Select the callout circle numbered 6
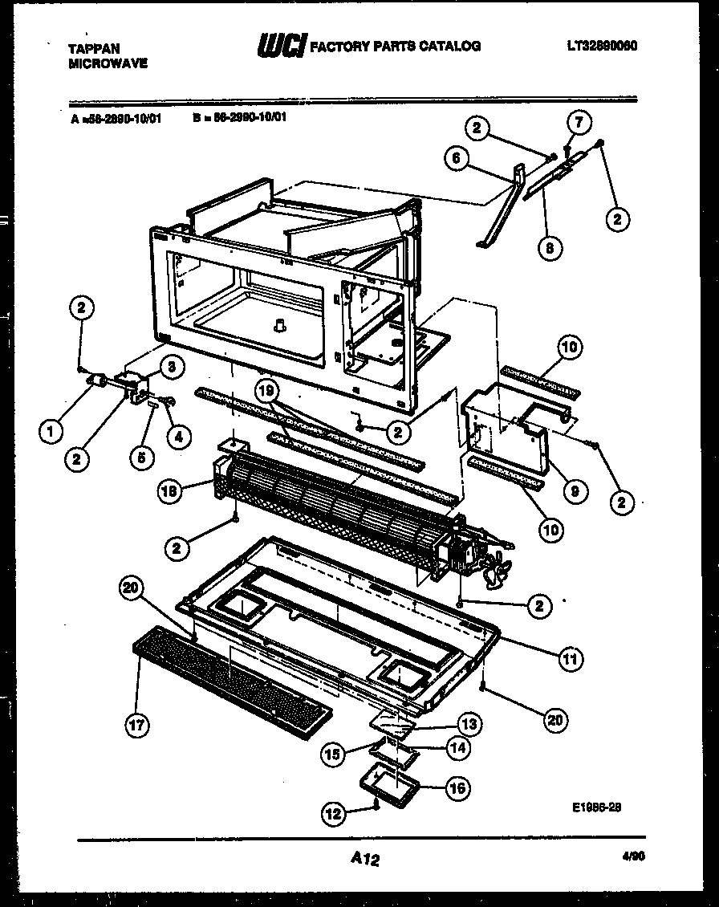456,159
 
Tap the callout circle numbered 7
579,122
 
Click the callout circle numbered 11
571,659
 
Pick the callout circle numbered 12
334,814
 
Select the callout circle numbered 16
457,787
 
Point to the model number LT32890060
601,47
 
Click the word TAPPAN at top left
94,49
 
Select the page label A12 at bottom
365,859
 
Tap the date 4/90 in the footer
633,856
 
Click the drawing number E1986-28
597,807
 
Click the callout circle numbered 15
334,754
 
